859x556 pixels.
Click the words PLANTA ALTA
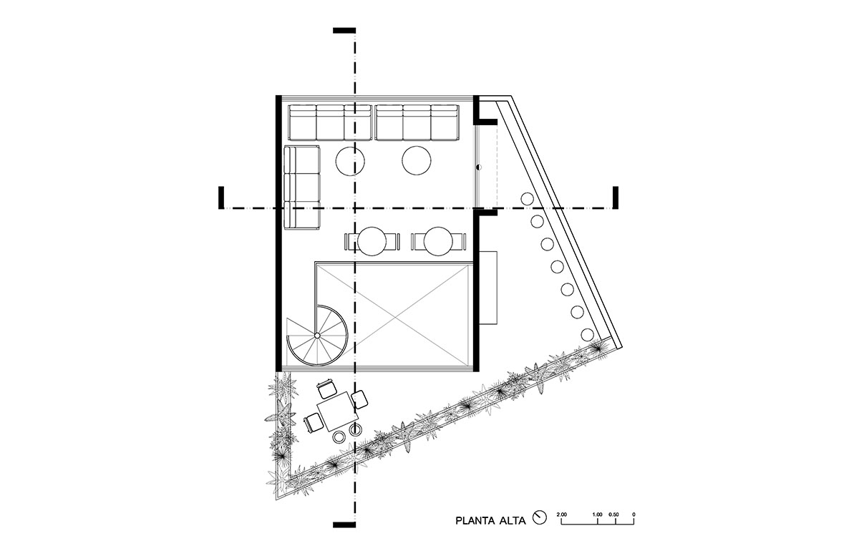point(490,520)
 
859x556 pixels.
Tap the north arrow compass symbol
point(540,517)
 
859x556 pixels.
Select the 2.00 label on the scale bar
point(562,514)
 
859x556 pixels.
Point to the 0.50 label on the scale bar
point(613,514)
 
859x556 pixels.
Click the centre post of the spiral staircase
point(317,336)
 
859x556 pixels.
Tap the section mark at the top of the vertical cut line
point(344,30)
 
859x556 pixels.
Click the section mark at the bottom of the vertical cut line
point(344,525)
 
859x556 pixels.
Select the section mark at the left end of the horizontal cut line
point(221,198)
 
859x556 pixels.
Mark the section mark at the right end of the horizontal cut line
point(616,198)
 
